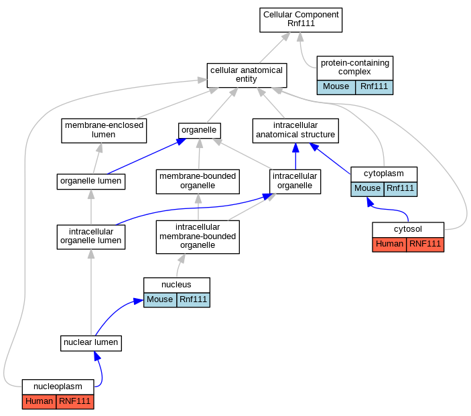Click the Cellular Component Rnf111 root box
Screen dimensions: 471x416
point(301,20)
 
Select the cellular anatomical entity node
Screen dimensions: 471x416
point(247,75)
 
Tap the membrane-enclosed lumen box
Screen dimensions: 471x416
point(104,131)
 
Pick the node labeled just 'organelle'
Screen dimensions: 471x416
point(200,131)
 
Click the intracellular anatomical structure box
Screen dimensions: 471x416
point(295,131)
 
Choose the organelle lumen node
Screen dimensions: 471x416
point(91,182)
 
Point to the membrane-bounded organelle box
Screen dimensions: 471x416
point(198,182)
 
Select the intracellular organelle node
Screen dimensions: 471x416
point(295,182)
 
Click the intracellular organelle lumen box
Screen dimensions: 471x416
point(91,237)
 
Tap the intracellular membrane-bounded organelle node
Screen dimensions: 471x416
point(198,237)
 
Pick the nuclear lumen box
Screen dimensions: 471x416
point(91,343)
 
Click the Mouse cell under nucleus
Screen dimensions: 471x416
point(160,299)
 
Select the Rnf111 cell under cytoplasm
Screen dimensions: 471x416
point(401,189)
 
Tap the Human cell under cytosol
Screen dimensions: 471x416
point(389,245)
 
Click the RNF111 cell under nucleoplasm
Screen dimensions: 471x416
point(75,401)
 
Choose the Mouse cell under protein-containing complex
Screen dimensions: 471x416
point(336,87)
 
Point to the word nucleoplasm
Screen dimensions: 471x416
point(58,387)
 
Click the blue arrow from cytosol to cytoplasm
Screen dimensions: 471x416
point(391,209)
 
